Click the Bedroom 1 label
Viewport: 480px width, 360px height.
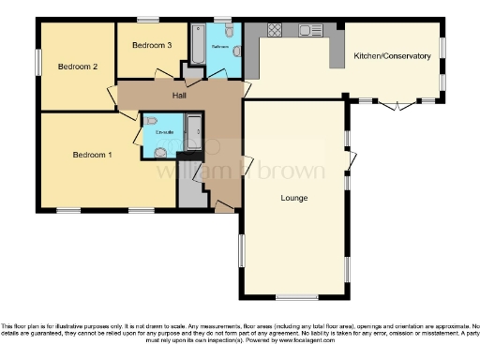(x=92, y=155)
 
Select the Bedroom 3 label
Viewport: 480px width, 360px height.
(x=151, y=45)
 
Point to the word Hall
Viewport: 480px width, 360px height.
(x=178, y=95)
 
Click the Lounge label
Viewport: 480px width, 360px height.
(x=294, y=198)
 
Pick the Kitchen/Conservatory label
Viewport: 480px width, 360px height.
(x=392, y=56)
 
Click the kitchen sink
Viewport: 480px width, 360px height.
(x=310, y=31)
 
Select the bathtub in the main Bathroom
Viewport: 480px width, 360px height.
(x=197, y=42)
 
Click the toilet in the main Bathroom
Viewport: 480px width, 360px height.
(x=235, y=52)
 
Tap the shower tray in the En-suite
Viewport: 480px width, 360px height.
(x=192, y=130)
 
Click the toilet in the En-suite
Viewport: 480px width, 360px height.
(x=162, y=150)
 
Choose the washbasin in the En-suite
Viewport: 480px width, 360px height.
(x=150, y=120)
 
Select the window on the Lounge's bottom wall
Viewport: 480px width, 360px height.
(x=295, y=297)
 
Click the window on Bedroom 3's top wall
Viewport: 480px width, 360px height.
(x=148, y=20)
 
